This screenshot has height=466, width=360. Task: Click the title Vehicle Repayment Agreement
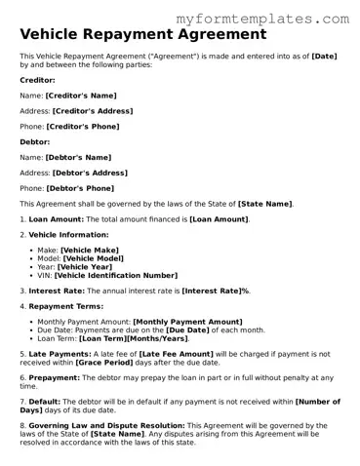click(142, 34)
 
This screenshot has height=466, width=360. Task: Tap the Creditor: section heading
click(38, 79)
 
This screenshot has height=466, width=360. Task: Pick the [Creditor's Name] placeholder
click(81, 96)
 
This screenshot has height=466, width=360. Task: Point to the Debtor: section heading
click(36, 141)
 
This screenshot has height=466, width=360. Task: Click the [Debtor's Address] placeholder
click(92, 173)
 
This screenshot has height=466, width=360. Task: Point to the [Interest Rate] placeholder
click(212, 291)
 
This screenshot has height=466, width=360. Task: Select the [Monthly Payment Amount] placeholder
click(187, 322)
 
